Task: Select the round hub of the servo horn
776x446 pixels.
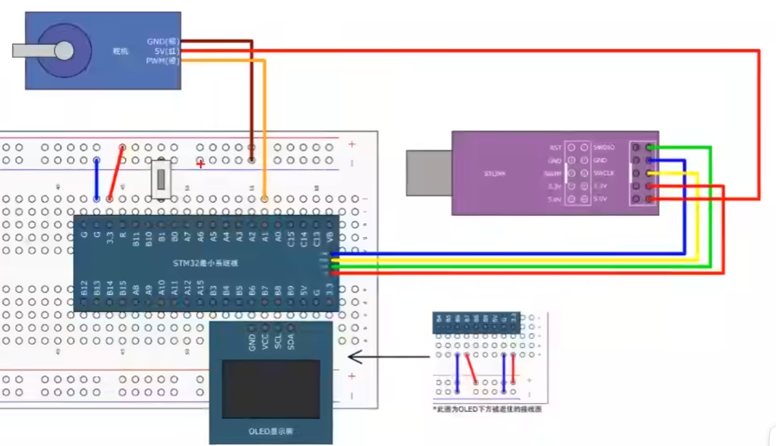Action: click(64, 51)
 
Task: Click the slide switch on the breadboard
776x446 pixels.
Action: click(160, 179)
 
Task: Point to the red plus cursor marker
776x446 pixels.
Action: click(200, 164)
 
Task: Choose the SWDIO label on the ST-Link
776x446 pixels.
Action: click(603, 147)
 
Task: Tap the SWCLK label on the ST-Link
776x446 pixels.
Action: click(603, 173)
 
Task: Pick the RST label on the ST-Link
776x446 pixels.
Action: click(556, 147)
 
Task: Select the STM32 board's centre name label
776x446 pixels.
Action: click(206, 263)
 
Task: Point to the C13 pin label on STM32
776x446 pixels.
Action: click(317, 234)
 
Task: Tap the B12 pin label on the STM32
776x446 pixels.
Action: click(85, 289)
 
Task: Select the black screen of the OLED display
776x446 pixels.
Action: click(271, 389)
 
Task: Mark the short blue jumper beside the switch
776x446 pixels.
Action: click(96, 179)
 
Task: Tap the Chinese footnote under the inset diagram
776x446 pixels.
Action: click(487, 409)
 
